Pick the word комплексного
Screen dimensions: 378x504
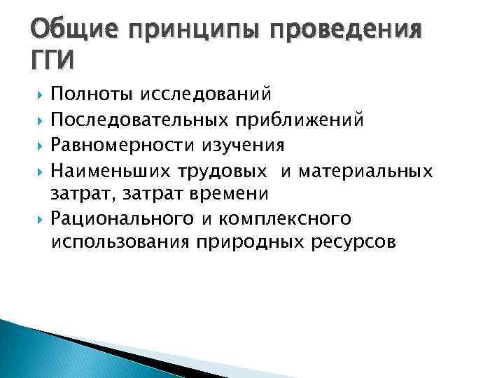(289, 220)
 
